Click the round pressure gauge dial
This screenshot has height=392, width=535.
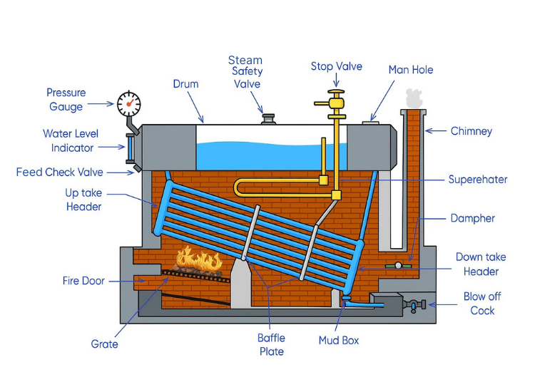tap(129, 104)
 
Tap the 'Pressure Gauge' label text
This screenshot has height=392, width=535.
tap(66, 100)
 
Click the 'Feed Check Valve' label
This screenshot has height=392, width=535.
tap(60, 172)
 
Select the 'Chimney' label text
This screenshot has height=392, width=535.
tap(472, 131)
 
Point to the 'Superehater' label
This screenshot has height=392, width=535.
tap(477, 180)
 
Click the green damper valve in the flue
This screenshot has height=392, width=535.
tap(398, 266)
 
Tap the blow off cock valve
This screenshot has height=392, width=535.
tap(413, 305)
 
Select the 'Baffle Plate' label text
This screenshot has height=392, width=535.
tap(271, 345)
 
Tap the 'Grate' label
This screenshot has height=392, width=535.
tap(104, 344)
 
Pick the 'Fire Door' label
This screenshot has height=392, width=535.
tap(83, 281)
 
